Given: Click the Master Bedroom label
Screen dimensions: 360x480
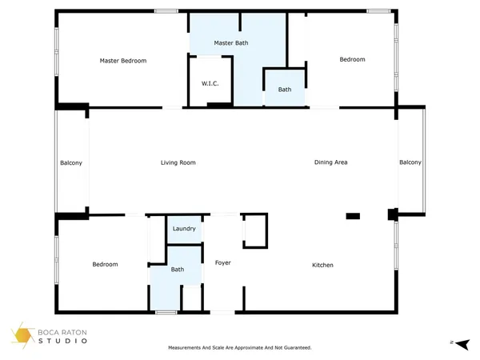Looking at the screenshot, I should pos(122,60).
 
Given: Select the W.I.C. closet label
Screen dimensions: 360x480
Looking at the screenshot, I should pos(210,84).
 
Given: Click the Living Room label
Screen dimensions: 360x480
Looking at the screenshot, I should pos(178,162).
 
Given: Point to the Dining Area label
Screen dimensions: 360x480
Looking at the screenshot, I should pos(330,162).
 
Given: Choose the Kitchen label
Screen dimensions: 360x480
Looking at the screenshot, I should pos(322,265).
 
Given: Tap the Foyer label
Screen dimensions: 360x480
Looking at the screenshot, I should pos(222,262).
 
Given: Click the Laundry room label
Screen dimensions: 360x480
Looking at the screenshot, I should pos(185,230).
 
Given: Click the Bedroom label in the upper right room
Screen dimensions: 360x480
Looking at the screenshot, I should pos(352,59).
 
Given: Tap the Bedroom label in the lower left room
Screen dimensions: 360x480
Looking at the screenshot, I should pos(105,264).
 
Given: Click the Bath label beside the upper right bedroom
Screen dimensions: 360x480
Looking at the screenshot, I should pos(285,90).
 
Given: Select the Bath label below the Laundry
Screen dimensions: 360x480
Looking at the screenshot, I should pos(177,270).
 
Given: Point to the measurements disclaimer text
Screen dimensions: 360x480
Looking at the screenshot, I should pos(239,348).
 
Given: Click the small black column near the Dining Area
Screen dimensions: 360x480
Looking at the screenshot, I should pos(352,215).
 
